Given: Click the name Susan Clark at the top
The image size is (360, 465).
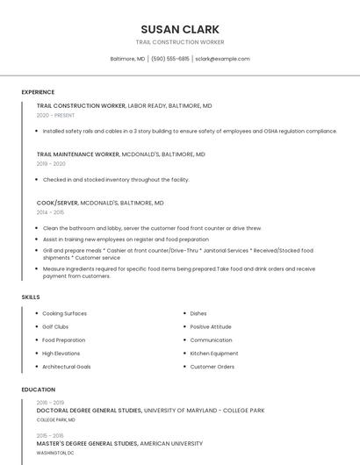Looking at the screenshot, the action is tap(180, 29).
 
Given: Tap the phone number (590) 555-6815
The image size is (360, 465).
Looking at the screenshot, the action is tap(170, 59).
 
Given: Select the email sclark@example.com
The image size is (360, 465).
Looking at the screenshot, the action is tap(222, 59).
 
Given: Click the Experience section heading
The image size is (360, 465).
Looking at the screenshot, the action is tap(38, 92).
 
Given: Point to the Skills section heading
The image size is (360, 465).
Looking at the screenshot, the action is tap(31, 297).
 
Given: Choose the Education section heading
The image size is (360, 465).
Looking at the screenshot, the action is tap(39, 390).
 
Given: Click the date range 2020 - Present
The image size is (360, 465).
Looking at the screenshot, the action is tap(55, 115).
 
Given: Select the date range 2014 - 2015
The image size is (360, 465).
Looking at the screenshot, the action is tap(50, 212).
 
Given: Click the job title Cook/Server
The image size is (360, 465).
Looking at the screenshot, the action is tap(57, 203).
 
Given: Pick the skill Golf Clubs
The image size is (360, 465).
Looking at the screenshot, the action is tap(55, 326).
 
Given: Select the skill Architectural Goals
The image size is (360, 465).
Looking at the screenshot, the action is tap(67, 367).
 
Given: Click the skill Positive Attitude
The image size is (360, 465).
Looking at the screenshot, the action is tap(211, 326).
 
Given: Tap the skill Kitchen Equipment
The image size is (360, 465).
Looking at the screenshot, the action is tap(214, 354).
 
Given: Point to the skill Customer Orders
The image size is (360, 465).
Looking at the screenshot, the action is tap(212, 367).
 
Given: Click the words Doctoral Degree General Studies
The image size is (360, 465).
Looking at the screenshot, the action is tap(89, 411).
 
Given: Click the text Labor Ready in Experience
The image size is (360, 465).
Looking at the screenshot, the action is tap(146, 105).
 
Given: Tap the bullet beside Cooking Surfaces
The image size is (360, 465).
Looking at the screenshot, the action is tap(36, 313).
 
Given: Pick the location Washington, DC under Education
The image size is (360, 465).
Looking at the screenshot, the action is tap(55, 453).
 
